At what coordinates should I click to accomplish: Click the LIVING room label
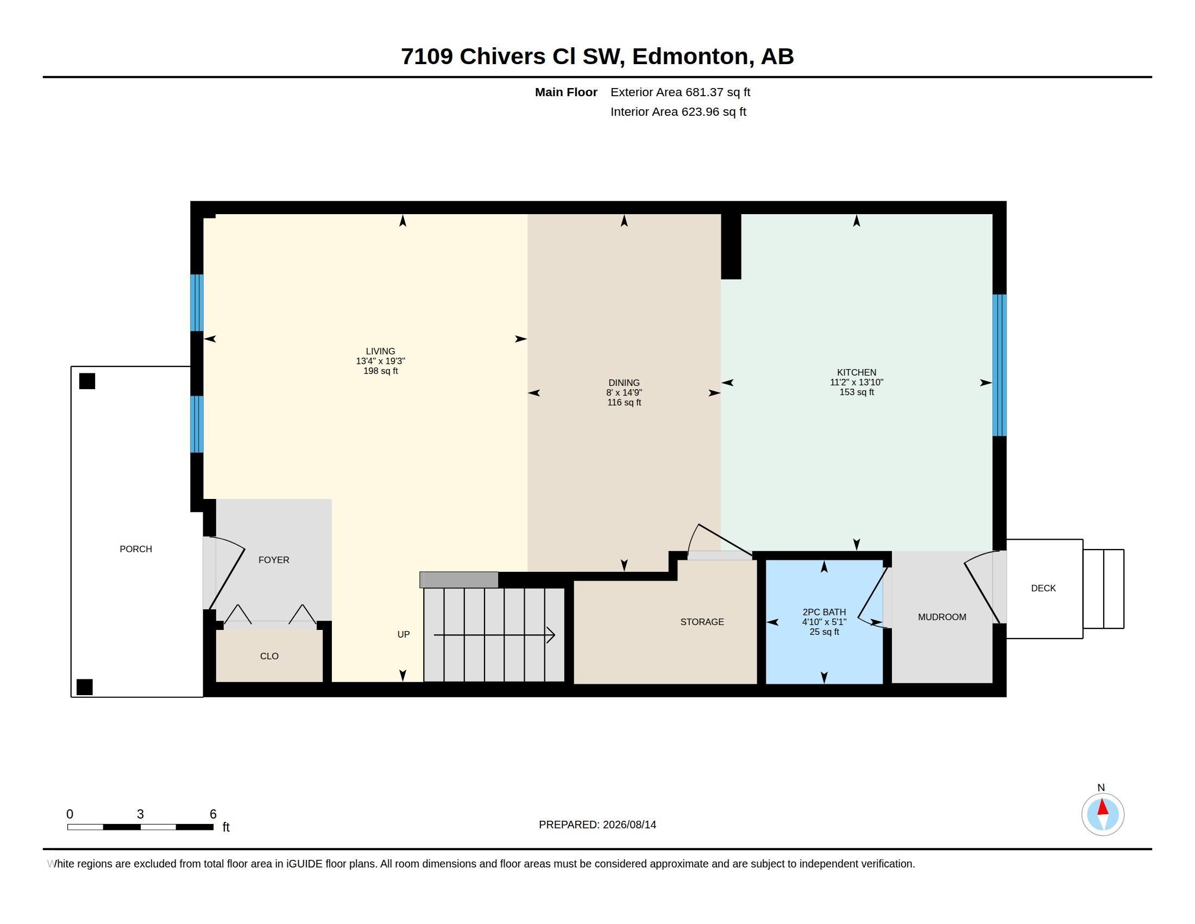tap(380, 352)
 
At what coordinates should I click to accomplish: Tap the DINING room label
tap(624, 383)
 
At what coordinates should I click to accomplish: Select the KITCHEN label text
tap(856, 373)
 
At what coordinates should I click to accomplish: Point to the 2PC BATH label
tap(824, 612)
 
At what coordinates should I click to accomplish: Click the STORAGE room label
tap(702, 622)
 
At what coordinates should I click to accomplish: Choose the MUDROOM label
tap(942, 617)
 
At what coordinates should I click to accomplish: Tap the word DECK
tap(1043, 589)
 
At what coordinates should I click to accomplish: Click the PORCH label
tap(136, 549)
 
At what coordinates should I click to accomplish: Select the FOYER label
tap(274, 560)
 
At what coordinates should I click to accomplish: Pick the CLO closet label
tap(269, 657)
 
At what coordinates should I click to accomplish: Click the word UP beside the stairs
tap(403, 634)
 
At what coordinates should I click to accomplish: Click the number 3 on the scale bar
tap(140, 814)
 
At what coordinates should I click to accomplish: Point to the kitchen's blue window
tap(999, 365)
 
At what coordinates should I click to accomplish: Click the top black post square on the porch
tap(87, 381)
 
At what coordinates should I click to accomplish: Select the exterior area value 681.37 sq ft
tap(718, 92)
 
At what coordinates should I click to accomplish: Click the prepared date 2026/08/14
tap(629, 825)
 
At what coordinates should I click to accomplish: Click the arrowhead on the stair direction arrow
tap(550, 635)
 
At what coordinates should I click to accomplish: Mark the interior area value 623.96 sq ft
tap(714, 112)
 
